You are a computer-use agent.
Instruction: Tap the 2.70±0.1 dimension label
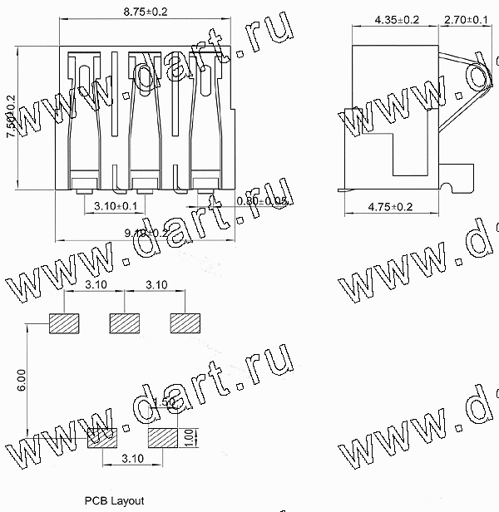click(x=467, y=18)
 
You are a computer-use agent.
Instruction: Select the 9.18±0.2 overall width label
click(x=146, y=234)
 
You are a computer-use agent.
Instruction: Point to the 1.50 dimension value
click(x=164, y=402)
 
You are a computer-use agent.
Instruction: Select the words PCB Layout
click(x=113, y=501)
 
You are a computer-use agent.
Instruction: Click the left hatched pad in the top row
click(x=64, y=322)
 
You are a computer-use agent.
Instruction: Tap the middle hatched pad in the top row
click(x=125, y=322)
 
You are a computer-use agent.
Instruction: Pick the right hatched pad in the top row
click(x=185, y=322)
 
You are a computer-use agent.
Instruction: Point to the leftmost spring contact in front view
click(x=83, y=116)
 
